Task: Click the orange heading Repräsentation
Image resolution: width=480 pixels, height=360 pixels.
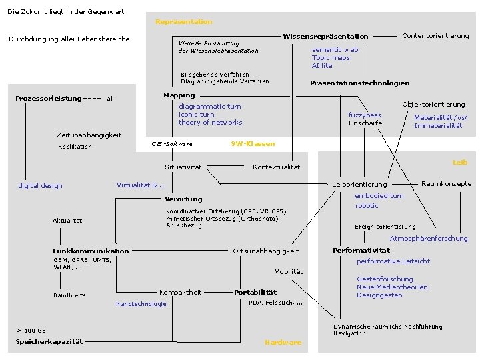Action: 183,22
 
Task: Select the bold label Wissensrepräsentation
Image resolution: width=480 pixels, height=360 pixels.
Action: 325,36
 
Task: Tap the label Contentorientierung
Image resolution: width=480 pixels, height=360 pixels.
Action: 435,36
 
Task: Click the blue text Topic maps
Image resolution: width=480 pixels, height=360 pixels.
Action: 331,58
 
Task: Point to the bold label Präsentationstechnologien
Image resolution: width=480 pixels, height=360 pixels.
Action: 359,83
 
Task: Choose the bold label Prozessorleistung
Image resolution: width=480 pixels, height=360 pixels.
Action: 49,99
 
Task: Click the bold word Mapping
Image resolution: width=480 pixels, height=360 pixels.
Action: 179,95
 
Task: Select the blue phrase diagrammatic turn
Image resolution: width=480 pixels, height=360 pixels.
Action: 209,107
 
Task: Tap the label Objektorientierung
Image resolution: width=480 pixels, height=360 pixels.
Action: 433,105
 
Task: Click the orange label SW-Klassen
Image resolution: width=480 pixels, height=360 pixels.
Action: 253,143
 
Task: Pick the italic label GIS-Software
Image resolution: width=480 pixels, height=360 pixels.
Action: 171,144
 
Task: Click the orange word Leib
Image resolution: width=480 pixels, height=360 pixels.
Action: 460,162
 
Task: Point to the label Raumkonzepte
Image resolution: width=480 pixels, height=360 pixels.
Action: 446,184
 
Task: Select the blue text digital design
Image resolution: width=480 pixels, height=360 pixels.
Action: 40,186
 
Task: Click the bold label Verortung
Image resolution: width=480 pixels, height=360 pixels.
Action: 183,199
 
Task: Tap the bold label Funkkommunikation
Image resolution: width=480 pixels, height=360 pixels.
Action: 91,251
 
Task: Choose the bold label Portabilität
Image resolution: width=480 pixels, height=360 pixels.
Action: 255,292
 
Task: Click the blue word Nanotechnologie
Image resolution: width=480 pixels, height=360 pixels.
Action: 141,304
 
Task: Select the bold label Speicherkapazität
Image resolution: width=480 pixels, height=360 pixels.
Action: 49,342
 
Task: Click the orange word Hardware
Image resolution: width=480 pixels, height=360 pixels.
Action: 283,343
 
